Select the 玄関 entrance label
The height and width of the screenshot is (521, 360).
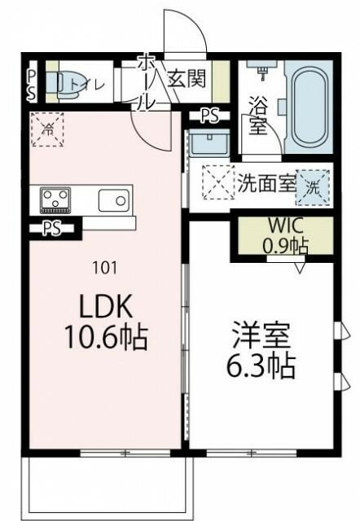(x=187, y=80)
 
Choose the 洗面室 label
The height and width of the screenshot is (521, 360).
(x=266, y=183)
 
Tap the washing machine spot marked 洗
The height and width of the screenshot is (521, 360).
(x=313, y=185)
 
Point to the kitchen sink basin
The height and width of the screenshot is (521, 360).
(x=113, y=199)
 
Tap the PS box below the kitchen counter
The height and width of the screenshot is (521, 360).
(x=53, y=228)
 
